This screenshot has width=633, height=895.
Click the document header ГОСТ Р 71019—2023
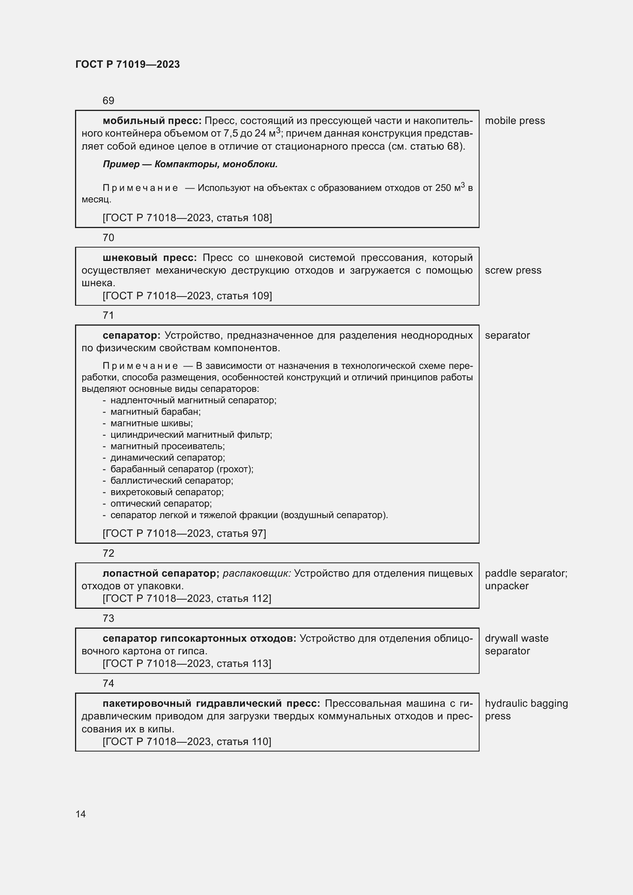(x=127, y=64)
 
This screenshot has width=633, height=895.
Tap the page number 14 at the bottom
(x=81, y=814)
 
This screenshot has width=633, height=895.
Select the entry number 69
(x=108, y=101)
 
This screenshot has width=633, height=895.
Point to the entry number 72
(x=108, y=553)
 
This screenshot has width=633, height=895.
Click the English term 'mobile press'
(x=514, y=121)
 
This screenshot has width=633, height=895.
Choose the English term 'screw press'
(x=513, y=271)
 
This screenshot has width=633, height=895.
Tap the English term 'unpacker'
(x=506, y=586)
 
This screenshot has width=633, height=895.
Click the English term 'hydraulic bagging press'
(x=526, y=709)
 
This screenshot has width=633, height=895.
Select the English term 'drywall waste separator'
(x=516, y=644)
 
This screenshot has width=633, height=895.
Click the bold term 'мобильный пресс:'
(x=152, y=121)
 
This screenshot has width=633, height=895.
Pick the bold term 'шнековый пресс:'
(x=150, y=258)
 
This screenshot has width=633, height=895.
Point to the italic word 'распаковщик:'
(x=257, y=574)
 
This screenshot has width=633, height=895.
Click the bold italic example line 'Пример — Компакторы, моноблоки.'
(x=190, y=164)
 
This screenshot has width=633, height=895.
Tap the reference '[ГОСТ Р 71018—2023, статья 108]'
(x=187, y=217)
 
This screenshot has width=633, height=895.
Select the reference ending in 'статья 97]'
(x=184, y=533)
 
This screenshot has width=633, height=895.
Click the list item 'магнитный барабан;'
(x=155, y=412)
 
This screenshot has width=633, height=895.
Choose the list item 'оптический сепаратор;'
(x=161, y=503)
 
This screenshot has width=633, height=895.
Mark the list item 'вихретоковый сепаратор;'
(x=167, y=492)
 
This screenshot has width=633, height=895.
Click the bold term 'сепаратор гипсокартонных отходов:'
(x=199, y=638)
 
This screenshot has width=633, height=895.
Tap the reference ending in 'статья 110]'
(x=187, y=742)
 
